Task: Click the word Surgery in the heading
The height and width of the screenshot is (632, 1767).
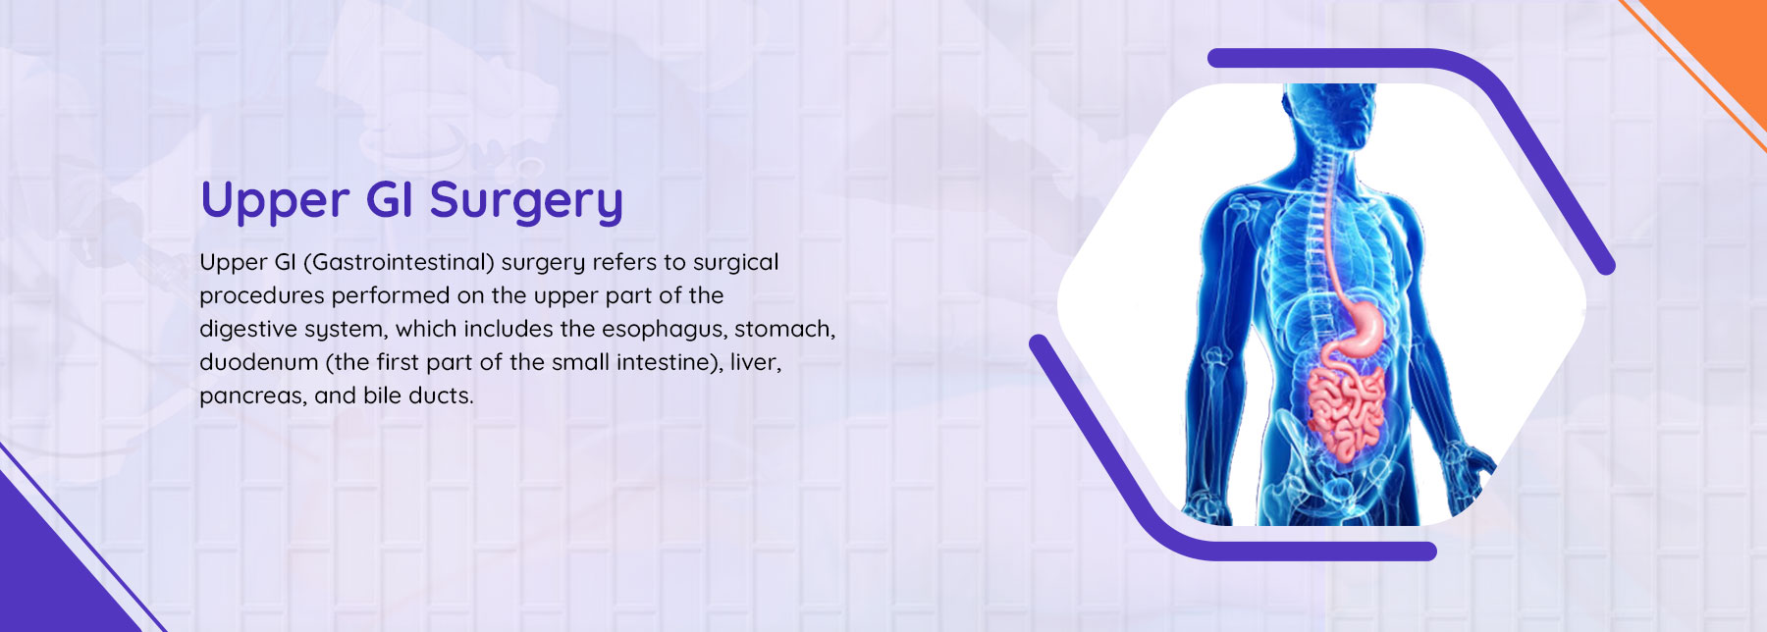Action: pyautogui.click(x=526, y=201)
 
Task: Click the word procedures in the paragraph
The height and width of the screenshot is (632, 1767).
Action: pyautogui.click(x=261, y=295)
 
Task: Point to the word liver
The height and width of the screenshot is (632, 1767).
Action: pyautogui.click(x=755, y=362)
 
